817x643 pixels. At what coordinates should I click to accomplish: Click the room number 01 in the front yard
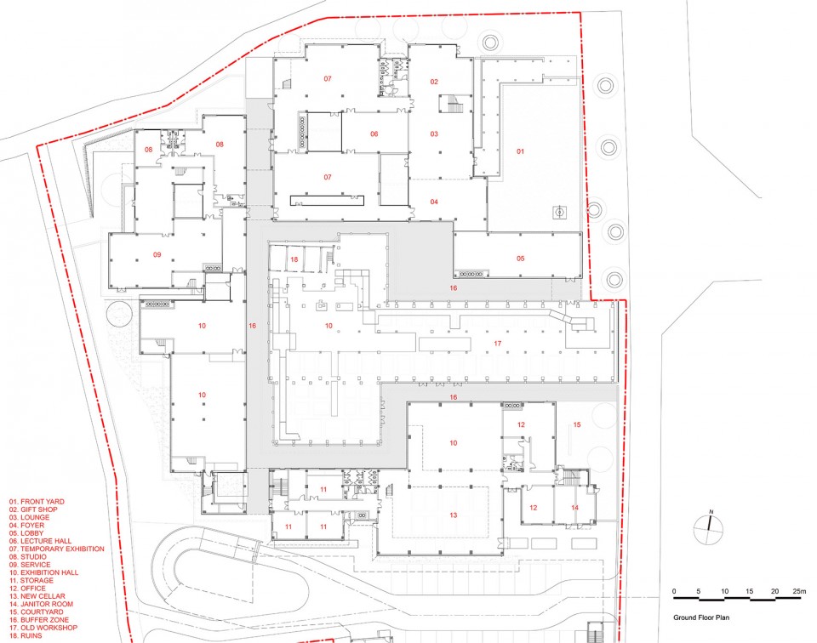(x=520, y=151)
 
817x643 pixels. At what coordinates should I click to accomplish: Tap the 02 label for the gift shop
(x=434, y=82)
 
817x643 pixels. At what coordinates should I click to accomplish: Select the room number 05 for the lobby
(x=521, y=259)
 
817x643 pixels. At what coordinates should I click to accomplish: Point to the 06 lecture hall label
(x=374, y=134)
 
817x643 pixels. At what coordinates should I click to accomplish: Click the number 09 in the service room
(x=157, y=255)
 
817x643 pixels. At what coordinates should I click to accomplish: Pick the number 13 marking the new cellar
(x=454, y=515)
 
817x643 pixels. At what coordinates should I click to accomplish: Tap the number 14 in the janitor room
(x=574, y=508)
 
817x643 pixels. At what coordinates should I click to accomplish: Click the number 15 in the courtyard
(x=577, y=425)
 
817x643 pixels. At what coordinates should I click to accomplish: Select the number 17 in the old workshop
(x=498, y=344)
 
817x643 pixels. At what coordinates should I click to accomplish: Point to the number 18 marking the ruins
(x=294, y=259)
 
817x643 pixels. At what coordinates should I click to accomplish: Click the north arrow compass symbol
(x=709, y=526)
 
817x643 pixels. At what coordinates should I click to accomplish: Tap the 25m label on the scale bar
(x=799, y=591)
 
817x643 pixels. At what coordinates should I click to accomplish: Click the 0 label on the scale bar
(x=674, y=591)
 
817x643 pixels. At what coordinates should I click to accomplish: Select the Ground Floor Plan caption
(x=700, y=618)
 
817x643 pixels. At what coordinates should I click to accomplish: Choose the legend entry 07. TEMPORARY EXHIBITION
(x=56, y=549)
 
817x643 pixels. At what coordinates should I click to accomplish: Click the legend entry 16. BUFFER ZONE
(x=38, y=619)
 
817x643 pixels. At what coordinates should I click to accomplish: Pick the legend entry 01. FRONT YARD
(x=37, y=502)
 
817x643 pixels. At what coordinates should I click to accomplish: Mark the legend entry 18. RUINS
(x=26, y=635)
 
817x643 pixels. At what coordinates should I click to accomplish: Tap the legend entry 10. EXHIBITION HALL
(x=43, y=572)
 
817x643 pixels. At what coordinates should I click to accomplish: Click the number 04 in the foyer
(x=434, y=202)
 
